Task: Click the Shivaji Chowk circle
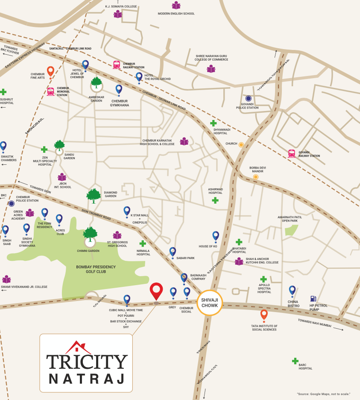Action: (210, 303)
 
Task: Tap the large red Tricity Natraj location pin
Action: (156, 291)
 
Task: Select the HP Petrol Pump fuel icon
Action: (313, 299)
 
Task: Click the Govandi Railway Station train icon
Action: (292, 153)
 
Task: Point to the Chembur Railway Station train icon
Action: (116, 65)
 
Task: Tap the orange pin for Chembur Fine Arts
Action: (50, 71)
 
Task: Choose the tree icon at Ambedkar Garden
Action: (96, 83)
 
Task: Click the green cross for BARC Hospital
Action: (295, 361)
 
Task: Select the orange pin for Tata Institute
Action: (264, 315)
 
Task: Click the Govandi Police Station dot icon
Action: (248, 99)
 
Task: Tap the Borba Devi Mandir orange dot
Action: (256, 177)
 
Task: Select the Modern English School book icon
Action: (176, 6)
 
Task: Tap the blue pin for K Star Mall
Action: (127, 211)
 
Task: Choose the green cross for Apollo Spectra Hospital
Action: (263, 279)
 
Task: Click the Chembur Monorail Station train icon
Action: (51, 91)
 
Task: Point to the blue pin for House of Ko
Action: (216, 236)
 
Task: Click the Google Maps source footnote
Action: (323, 394)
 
